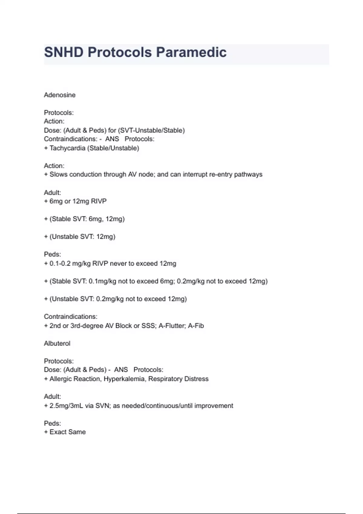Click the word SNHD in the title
(64, 52)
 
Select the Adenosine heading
(60, 95)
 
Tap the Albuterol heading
(57, 343)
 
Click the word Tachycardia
(67, 148)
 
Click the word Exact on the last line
(58, 432)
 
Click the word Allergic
(60, 379)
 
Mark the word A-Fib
(196, 326)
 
